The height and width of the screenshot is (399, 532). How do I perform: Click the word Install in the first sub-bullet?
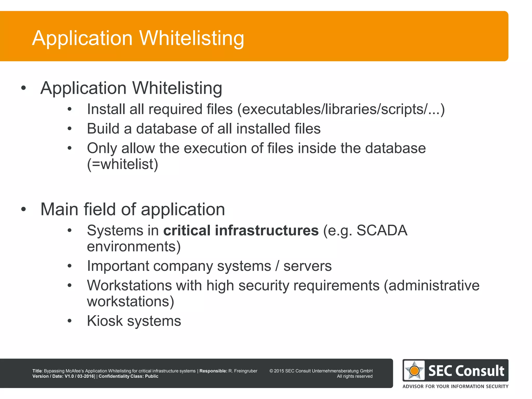pyautogui.click(x=106, y=109)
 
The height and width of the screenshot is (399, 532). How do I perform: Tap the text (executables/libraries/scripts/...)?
pyautogui.click(x=341, y=109)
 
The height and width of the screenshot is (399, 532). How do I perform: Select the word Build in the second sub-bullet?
pyautogui.click(x=103, y=129)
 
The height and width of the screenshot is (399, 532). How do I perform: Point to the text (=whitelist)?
pyautogui.click(x=122, y=164)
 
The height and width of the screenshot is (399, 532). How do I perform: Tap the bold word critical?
pyautogui.click(x=187, y=230)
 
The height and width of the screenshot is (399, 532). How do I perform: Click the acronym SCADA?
pyautogui.click(x=382, y=230)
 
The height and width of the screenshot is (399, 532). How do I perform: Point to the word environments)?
pyautogui.click(x=134, y=246)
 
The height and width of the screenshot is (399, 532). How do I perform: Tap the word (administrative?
pyautogui.click(x=431, y=285)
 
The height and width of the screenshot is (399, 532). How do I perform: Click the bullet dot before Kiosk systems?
pyautogui.click(x=69, y=321)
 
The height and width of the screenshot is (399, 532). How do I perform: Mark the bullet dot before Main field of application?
pyautogui.click(x=24, y=209)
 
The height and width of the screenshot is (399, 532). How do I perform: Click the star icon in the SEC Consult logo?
pyautogui.click(x=414, y=370)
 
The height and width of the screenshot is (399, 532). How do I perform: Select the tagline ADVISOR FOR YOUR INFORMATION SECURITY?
pyautogui.click(x=455, y=386)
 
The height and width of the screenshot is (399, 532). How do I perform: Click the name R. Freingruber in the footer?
pyautogui.click(x=243, y=371)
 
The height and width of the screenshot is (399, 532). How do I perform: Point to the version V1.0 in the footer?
pyautogui.click(x=69, y=376)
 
